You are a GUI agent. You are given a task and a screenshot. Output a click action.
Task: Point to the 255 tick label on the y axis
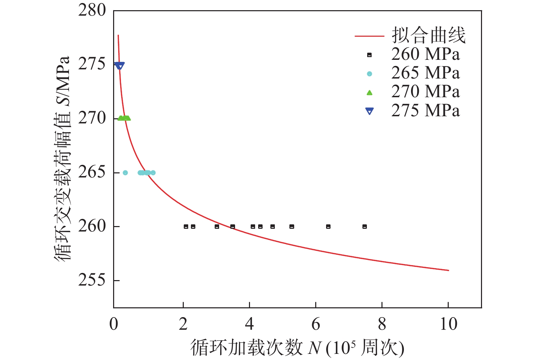tap(92, 280)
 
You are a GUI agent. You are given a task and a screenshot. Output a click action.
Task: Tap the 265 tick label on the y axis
tap(92, 172)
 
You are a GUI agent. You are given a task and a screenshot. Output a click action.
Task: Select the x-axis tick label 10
tap(448, 324)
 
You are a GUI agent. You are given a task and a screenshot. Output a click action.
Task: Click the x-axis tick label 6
tap(316, 324)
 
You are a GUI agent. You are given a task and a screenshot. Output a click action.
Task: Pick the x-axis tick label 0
tap(114, 324)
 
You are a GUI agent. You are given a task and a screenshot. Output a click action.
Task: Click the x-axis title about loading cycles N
tap(297, 348)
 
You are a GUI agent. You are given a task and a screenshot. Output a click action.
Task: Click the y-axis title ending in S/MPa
tap(63, 158)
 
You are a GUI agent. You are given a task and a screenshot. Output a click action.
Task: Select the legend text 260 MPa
tap(425, 54)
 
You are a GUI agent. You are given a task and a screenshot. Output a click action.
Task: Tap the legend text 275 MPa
tap(425, 110)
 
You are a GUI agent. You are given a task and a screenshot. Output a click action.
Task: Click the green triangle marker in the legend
tap(370, 92)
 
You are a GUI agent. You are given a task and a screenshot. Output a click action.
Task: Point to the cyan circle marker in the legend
tap(370, 74)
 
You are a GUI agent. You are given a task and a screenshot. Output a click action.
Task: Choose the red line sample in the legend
tap(369, 36)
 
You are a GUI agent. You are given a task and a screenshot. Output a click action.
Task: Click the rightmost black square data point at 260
tap(364, 226)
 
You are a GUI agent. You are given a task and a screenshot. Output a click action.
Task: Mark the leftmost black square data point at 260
tap(186, 226)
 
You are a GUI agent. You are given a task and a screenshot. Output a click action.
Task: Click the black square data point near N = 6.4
tap(328, 226)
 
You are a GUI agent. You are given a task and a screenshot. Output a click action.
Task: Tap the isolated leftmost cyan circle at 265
tap(125, 173)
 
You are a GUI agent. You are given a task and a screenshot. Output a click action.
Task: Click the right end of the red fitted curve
tap(448, 270)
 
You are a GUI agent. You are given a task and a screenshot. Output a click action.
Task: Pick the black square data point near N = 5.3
tap(291, 226)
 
